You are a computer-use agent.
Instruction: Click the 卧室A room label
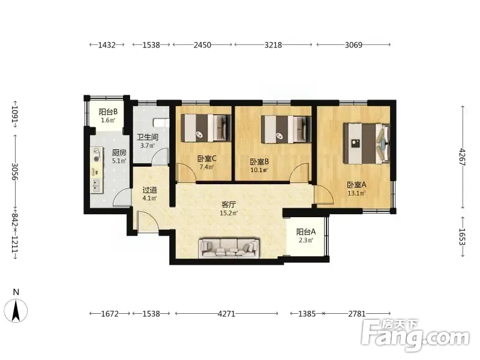coord(356,185)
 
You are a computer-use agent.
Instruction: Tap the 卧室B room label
coord(259,161)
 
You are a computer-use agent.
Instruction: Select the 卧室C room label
coord(206,158)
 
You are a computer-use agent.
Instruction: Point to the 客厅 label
coord(229,205)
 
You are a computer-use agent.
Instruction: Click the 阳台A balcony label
coord(306,232)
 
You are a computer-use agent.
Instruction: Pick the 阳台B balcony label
coord(108,112)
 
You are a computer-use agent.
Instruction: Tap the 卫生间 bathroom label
coord(147,137)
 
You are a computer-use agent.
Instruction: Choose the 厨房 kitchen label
coord(119,152)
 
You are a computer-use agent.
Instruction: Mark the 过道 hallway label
coord(149,190)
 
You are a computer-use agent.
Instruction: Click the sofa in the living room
coord(229,248)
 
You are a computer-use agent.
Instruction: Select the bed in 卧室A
coord(367,143)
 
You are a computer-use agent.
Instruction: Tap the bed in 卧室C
coord(206,128)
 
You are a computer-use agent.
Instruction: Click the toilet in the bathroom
coord(161,123)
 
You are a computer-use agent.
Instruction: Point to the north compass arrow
coord(16,310)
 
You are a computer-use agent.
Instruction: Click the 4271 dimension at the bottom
coord(227,314)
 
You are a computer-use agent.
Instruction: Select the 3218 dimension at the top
coord(273,45)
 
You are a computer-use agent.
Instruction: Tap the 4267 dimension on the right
coord(462,157)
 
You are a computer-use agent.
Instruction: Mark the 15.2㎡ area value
coord(229,213)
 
